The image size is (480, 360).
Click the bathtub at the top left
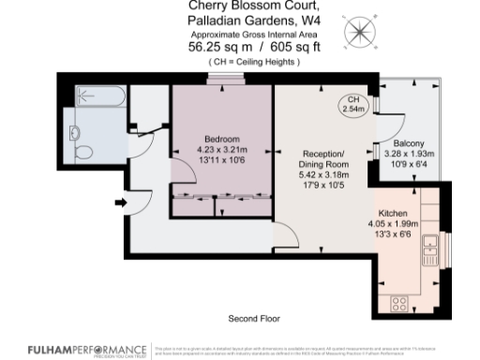tap(97, 95)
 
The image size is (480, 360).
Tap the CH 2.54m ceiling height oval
tap(352, 105)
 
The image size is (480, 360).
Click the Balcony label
tap(395, 143)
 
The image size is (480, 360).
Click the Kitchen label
tap(393, 213)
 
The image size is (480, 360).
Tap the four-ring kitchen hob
tap(399, 302)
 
